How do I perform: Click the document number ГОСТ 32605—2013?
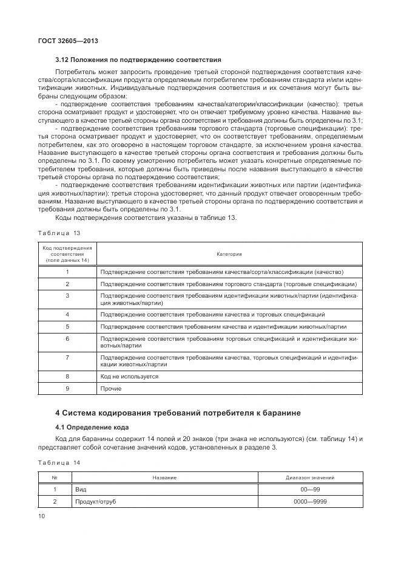[x=68, y=41]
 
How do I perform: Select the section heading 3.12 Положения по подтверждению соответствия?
[x=138, y=60]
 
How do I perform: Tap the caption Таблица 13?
[x=59, y=233]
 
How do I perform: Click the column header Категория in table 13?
[x=229, y=254]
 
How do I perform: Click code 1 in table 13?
[x=67, y=272]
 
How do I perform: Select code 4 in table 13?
[x=67, y=315]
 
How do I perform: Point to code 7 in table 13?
[x=67, y=358]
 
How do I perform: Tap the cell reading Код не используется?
[x=129, y=377]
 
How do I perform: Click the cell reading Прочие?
[x=111, y=389]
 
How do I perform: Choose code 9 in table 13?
[x=67, y=389]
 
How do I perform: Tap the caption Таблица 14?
[x=59, y=463]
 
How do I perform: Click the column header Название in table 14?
[x=164, y=478]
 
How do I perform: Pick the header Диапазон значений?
[x=310, y=478]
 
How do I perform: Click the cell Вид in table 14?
[x=80, y=490]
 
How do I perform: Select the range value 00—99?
[x=310, y=490]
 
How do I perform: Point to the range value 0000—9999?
[x=310, y=502]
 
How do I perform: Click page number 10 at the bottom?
[x=42, y=516]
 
